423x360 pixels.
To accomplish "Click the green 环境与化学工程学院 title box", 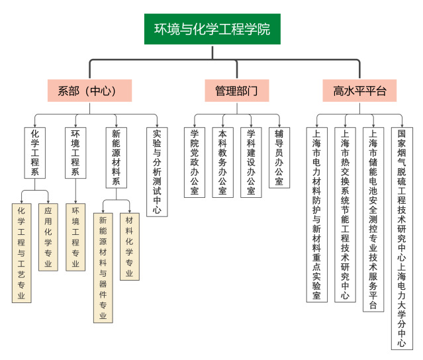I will pyautogui.click(x=212, y=29).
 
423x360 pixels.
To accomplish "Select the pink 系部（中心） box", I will pyautogui.click(x=89, y=91).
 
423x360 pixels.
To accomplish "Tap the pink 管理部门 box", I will pyautogui.click(x=236, y=91).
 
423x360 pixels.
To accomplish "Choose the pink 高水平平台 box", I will pyautogui.click(x=359, y=91).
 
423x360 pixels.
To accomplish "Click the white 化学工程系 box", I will pyautogui.click(x=34, y=153).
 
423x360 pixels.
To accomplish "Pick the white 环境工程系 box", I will pyautogui.click(x=75, y=153).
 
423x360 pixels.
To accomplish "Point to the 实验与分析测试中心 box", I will pyautogui.click(x=156, y=171).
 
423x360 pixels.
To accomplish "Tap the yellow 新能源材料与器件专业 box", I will pyautogui.click(x=103, y=269).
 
